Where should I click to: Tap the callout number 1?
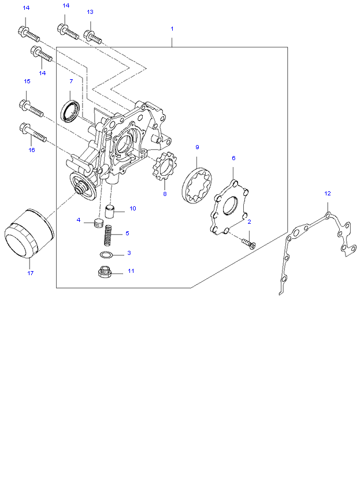[x=172, y=28]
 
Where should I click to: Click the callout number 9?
[x=196, y=147]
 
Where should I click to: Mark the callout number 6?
[x=233, y=158]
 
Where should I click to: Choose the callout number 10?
[x=132, y=208]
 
